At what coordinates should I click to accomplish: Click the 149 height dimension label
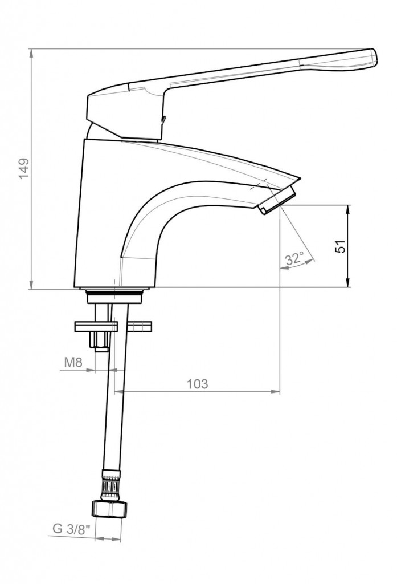point(24,168)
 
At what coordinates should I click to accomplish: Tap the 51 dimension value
point(340,246)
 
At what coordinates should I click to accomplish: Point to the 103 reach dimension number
point(197,384)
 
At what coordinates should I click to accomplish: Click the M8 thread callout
point(73,362)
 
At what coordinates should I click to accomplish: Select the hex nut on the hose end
point(109,509)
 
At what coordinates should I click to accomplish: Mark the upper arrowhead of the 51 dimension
point(348,209)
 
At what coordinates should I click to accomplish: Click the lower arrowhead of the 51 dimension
point(348,283)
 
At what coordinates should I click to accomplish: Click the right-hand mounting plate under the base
point(140,326)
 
